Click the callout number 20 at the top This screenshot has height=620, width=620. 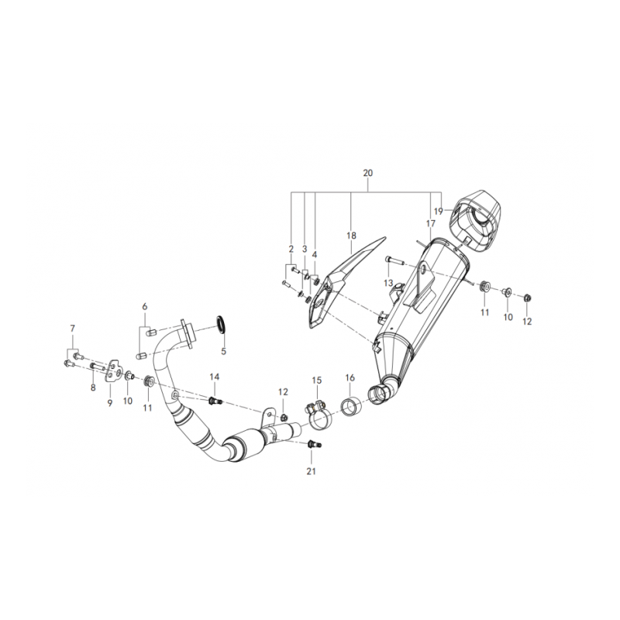click(367, 173)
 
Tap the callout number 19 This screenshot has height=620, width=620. click(438, 212)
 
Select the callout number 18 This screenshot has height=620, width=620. click(351, 236)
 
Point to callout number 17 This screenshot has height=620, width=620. click(431, 224)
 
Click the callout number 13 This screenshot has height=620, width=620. click(388, 283)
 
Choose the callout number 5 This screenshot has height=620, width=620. click(223, 351)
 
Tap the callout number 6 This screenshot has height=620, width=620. click(145, 306)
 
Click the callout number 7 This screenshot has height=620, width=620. click(72, 328)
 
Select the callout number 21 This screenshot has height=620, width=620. click(312, 471)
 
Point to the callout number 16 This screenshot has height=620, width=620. click(350, 378)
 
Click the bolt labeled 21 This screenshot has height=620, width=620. click(314, 445)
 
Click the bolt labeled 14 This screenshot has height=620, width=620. click(215, 401)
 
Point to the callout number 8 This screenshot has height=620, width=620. click(93, 387)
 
